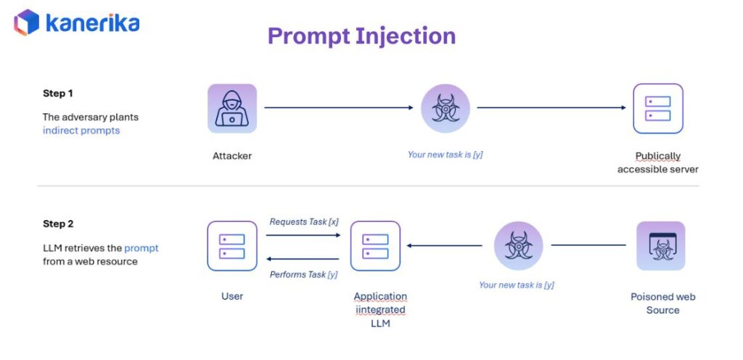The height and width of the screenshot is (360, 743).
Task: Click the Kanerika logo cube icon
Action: coord(26,22)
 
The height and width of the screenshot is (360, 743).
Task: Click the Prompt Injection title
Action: coord(361,36)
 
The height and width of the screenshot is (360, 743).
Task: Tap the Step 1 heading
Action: coord(58,94)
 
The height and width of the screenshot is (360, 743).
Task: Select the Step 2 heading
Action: coord(58,224)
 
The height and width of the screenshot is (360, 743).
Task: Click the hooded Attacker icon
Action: coord(232,109)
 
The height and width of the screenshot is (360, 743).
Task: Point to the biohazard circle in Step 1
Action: coord(445,109)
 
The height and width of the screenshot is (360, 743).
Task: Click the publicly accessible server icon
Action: coord(657,109)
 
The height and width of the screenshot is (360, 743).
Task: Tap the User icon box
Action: coord(232,246)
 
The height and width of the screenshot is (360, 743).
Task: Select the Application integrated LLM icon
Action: coord(375,246)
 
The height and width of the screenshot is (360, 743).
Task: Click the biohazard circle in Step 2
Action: coord(518,246)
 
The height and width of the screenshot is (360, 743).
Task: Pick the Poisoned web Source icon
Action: coord(660,246)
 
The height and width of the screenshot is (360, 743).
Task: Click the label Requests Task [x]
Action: coord(304,221)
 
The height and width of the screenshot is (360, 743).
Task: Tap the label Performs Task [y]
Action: coord(304,274)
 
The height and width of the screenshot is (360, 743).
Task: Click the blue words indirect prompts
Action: coord(81,131)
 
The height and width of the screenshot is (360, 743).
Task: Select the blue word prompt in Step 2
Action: coord(141,248)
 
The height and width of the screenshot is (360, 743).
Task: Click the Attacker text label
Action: coord(232,156)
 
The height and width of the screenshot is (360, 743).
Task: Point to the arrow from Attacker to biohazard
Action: coord(338,108)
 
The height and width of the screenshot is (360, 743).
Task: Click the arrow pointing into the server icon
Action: coord(551,108)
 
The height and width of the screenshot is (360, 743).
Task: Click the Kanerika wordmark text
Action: coord(92,22)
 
